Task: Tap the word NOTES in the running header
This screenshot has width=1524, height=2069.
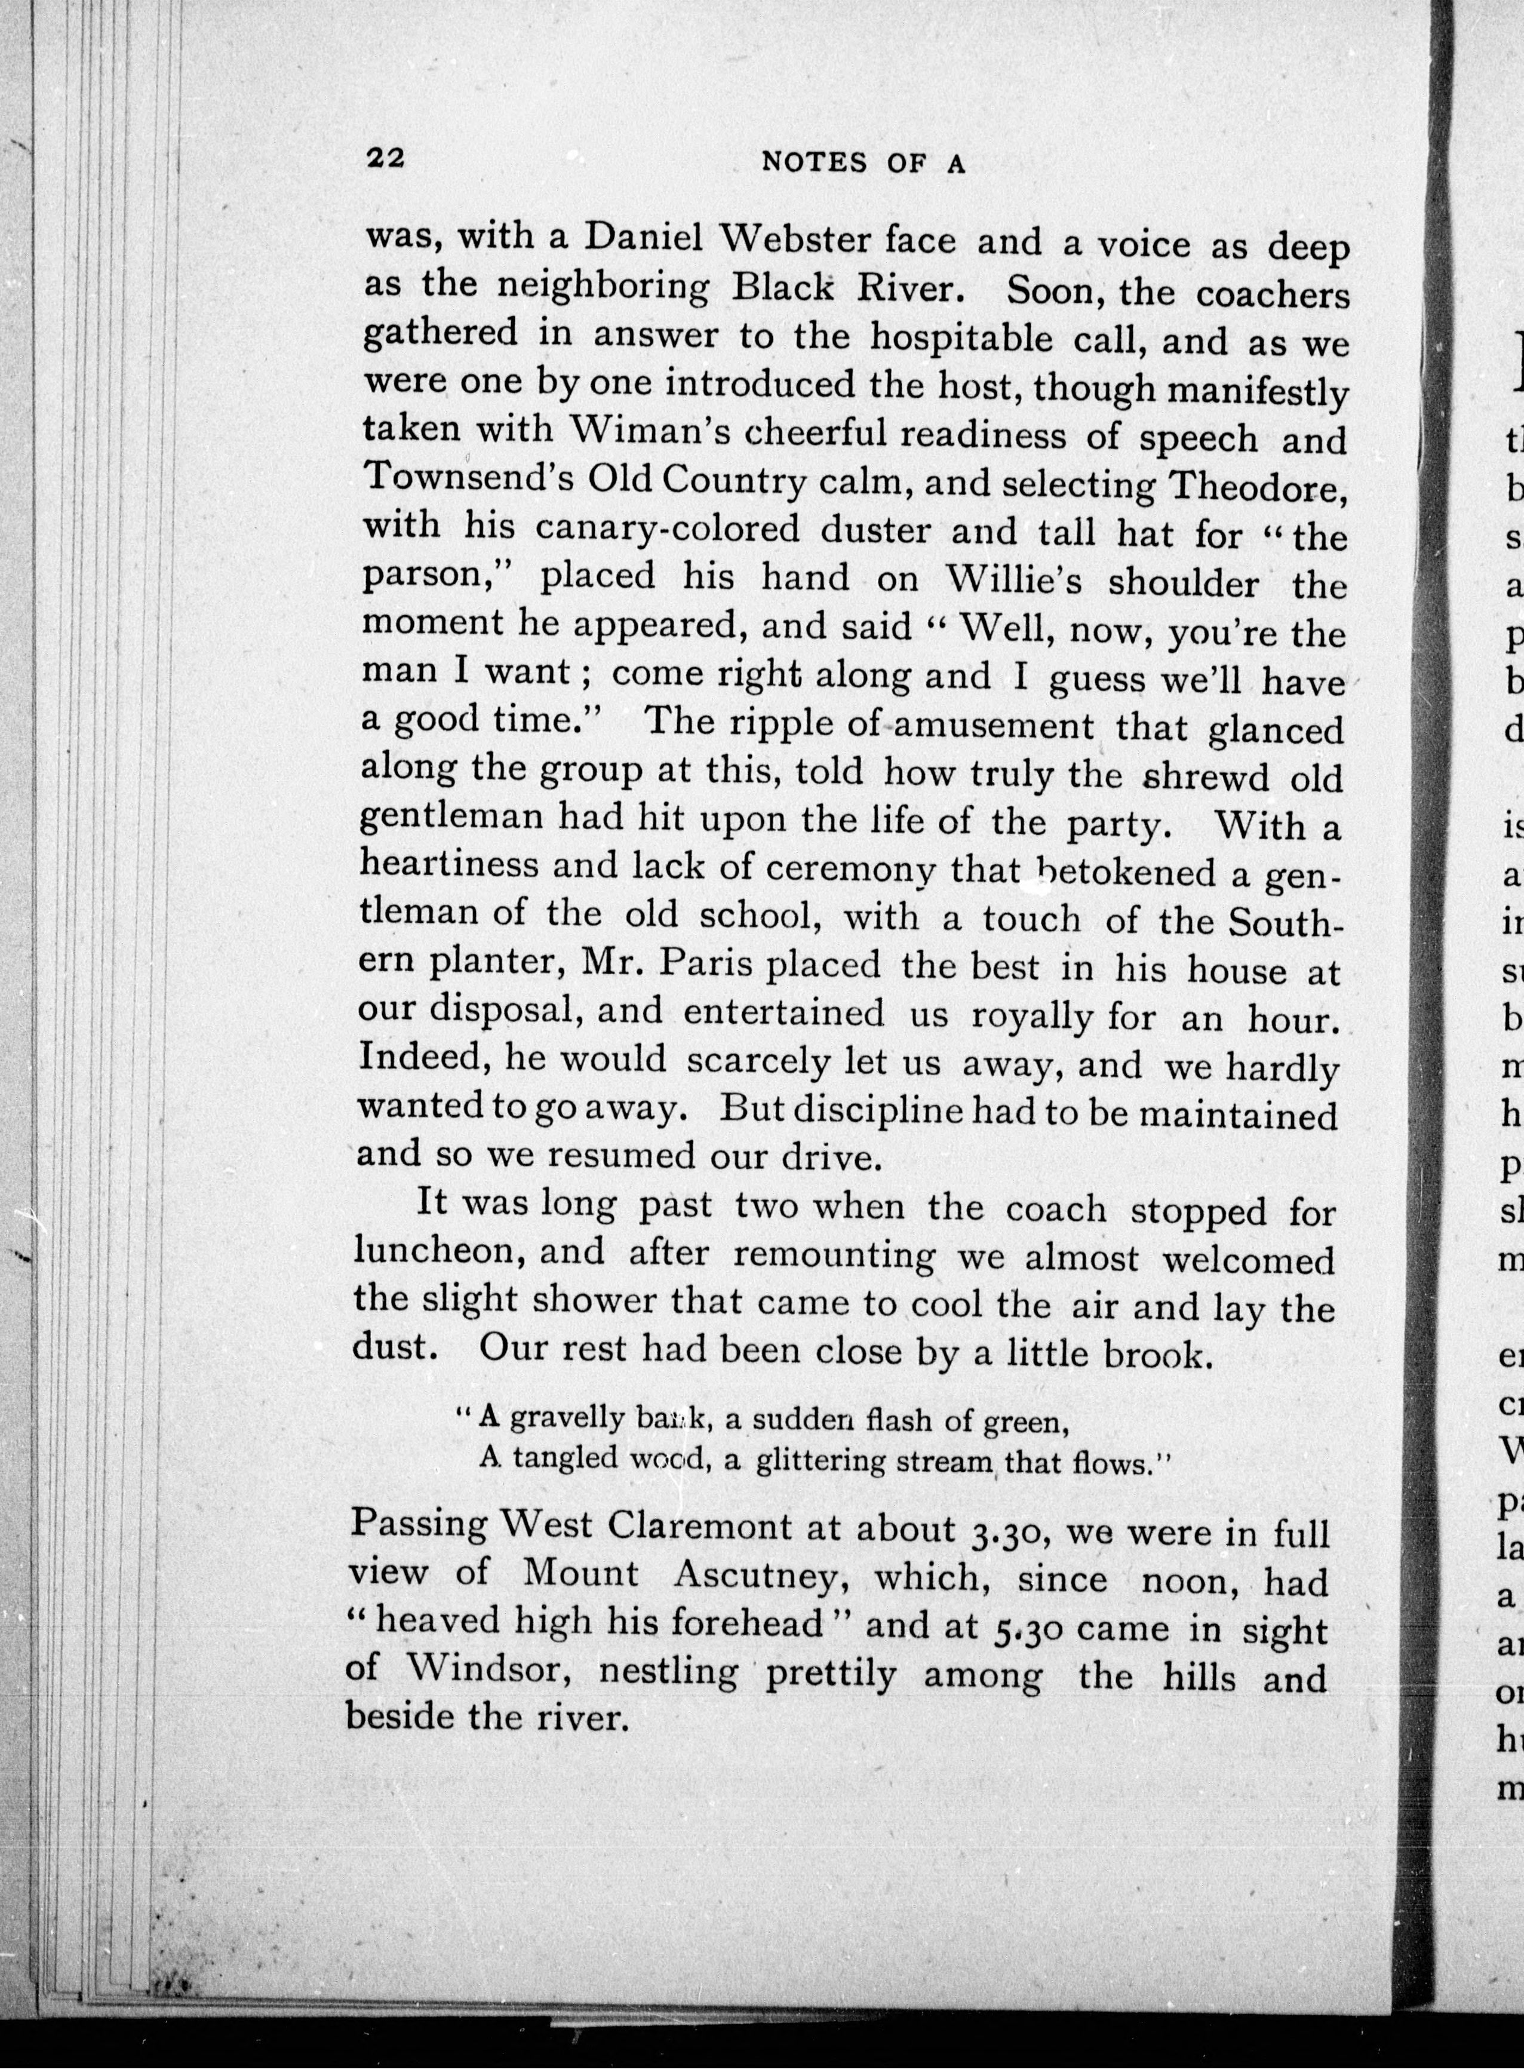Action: [x=815, y=163]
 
